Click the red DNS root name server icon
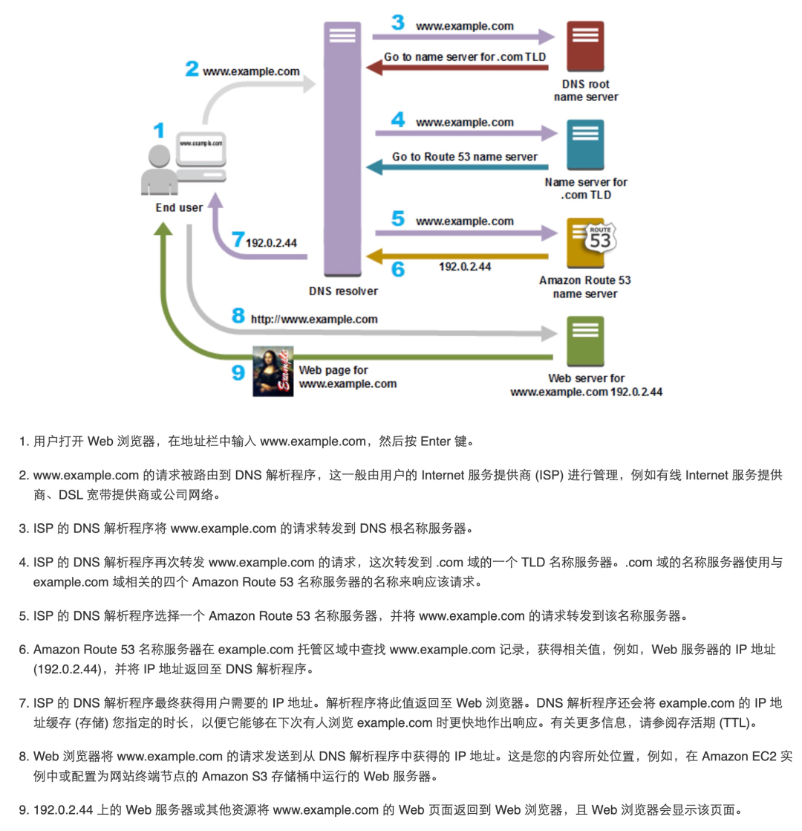click(x=585, y=47)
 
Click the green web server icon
click(x=585, y=341)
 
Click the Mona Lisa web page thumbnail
click(x=273, y=371)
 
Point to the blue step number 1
click(x=158, y=132)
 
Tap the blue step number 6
click(x=398, y=269)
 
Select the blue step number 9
click(x=238, y=372)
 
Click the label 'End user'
click(x=179, y=207)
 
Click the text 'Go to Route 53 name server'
click(x=465, y=157)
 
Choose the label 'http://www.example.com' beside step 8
click(x=314, y=319)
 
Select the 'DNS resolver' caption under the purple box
click(x=343, y=291)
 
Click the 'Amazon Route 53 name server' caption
click(x=585, y=287)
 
